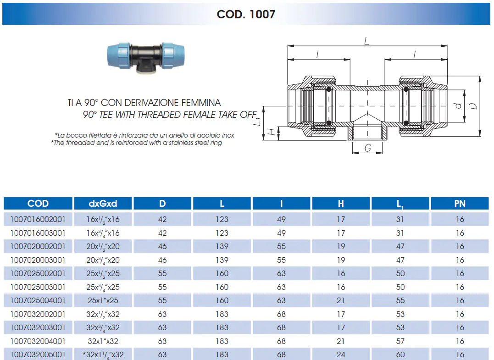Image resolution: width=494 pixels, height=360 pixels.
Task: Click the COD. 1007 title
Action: click(246, 14)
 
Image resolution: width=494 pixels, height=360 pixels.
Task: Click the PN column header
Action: click(460, 204)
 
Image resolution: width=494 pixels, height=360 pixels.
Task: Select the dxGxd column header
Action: click(103, 204)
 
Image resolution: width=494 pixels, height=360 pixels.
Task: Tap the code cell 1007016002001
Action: click(38, 219)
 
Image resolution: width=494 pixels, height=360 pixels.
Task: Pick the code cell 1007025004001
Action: click(38, 300)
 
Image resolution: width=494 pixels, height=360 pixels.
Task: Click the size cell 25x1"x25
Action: click(103, 300)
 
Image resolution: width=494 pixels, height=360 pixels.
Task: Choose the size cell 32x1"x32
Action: click(103, 341)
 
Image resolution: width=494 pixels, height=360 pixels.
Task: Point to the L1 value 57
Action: click(400, 341)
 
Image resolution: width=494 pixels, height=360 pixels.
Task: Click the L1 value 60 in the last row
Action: click(400, 354)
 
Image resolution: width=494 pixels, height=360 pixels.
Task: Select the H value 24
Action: click(341, 354)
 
